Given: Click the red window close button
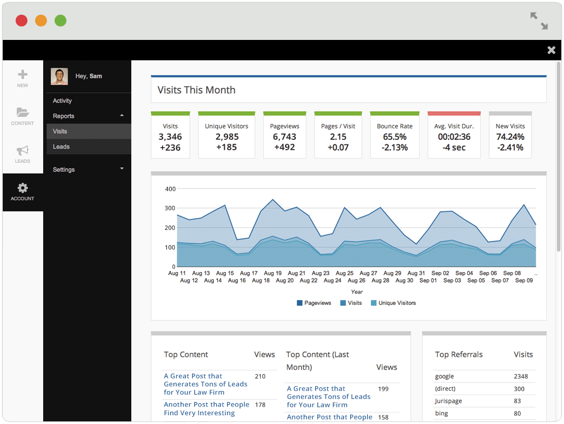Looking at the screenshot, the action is pyautogui.click(x=21, y=20).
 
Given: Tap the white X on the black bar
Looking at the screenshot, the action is pyautogui.click(x=551, y=50).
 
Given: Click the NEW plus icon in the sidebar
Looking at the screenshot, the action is pyautogui.click(x=22, y=74).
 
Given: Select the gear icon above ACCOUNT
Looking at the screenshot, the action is pyautogui.click(x=22, y=188).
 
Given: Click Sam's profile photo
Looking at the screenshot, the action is pyautogui.click(x=59, y=76).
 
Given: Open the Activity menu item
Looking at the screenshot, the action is pyautogui.click(x=62, y=101).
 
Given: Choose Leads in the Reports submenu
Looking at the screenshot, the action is pyautogui.click(x=61, y=146).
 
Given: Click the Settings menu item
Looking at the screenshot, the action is pyautogui.click(x=63, y=169).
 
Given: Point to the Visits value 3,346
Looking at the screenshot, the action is pyautogui.click(x=170, y=137).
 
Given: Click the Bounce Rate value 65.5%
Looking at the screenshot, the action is pyautogui.click(x=394, y=137).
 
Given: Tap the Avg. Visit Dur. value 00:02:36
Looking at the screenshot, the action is pyautogui.click(x=454, y=137).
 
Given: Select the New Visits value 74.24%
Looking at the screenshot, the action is pyautogui.click(x=510, y=137).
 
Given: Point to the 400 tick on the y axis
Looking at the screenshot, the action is pyautogui.click(x=170, y=189).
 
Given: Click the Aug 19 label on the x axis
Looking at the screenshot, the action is pyautogui.click(x=272, y=273).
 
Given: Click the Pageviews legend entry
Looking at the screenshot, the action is pyautogui.click(x=314, y=303).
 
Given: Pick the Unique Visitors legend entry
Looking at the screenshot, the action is pyautogui.click(x=393, y=303).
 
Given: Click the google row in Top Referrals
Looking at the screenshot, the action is pyautogui.click(x=445, y=376).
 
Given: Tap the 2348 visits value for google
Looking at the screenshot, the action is pyautogui.click(x=521, y=376).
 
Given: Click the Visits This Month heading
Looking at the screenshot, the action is pyautogui.click(x=196, y=90).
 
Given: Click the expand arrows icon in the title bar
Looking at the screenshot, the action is pyautogui.click(x=539, y=21).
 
